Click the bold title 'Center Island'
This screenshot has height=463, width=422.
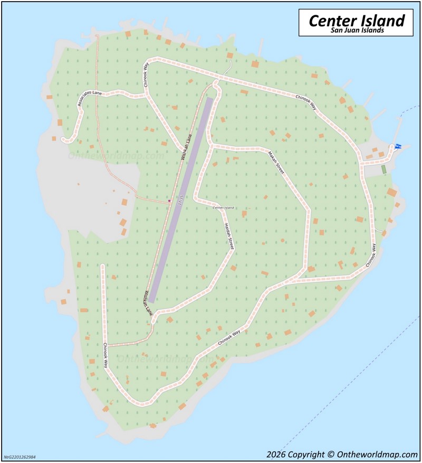tap(356, 21)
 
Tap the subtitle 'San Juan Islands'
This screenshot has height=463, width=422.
tap(357, 31)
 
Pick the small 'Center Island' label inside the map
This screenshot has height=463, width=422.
tap(223, 207)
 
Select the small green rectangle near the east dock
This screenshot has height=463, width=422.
tap(383, 169)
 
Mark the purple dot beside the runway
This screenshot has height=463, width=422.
tap(169, 201)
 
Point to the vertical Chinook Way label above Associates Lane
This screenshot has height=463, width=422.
tap(146, 73)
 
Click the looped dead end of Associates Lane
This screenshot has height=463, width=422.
tap(65, 139)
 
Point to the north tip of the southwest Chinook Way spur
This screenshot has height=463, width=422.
tap(103, 266)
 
